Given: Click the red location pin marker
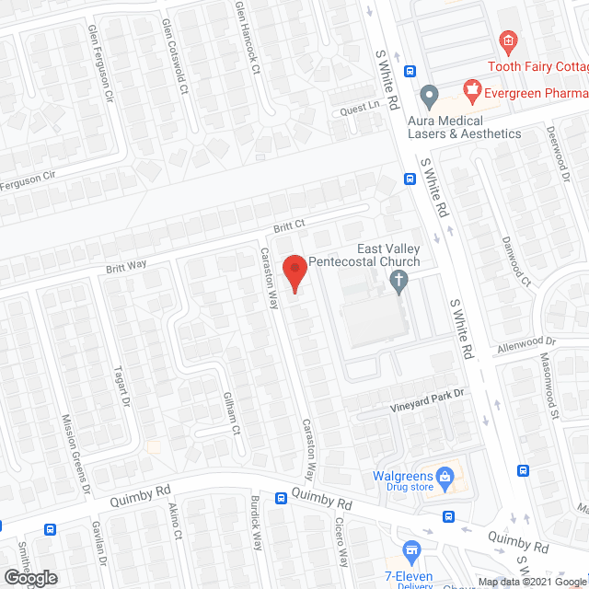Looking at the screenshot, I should pyautogui.click(x=294, y=272).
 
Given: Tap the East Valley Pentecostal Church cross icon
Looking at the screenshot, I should pyautogui.click(x=398, y=281).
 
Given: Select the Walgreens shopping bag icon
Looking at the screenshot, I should pyautogui.click(x=445, y=477).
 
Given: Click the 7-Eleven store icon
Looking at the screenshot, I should pyautogui.click(x=411, y=552).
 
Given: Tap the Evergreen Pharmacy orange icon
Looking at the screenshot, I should pyautogui.click(x=472, y=89).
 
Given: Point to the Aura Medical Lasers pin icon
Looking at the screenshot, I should pyautogui.click(x=429, y=96).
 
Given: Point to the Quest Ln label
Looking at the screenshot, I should pyautogui.click(x=359, y=106).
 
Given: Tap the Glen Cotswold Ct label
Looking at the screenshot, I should pyautogui.click(x=175, y=56).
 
